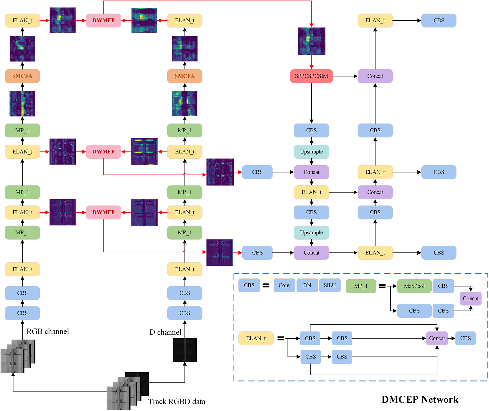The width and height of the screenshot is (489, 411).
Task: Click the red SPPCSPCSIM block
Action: pyautogui.click(x=311, y=76)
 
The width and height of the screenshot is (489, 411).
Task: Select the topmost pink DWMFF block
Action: pyautogui.click(x=103, y=20)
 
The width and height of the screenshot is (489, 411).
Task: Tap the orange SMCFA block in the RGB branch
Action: pyautogui.click(x=22, y=76)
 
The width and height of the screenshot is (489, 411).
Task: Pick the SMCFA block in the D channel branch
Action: pyautogui.click(x=185, y=76)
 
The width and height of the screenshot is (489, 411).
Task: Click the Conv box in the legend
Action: pyautogui.click(x=284, y=285)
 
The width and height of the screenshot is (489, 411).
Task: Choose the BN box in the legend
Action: pyautogui.click(x=307, y=285)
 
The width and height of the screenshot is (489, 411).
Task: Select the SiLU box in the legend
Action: pyautogui.click(x=330, y=285)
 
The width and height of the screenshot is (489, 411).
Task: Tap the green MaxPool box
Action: pyautogui.click(x=414, y=286)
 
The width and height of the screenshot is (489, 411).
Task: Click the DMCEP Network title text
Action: pyautogui.click(x=420, y=399)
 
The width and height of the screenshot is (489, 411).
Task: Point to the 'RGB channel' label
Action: pyautogui.click(x=48, y=332)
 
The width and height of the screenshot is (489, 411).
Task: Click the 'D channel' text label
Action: pyautogui.click(x=165, y=332)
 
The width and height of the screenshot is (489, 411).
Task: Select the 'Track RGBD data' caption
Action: pyautogui.click(x=177, y=402)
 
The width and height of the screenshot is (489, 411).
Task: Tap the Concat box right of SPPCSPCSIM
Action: pyautogui.click(x=375, y=76)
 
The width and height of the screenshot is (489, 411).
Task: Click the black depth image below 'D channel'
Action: pyautogui.click(x=185, y=350)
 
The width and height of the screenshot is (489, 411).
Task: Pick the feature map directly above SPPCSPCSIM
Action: pyautogui.click(x=311, y=41)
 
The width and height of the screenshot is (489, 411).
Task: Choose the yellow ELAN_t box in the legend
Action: pyautogui.click(x=256, y=338)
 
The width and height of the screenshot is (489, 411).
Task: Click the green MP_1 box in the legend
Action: pyautogui.click(x=361, y=286)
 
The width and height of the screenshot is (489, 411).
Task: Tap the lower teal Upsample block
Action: pyautogui.click(x=311, y=233)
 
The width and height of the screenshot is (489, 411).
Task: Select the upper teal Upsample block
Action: pyautogui.click(x=311, y=152)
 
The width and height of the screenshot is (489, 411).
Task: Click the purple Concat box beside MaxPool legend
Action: pyautogui.click(x=471, y=299)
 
